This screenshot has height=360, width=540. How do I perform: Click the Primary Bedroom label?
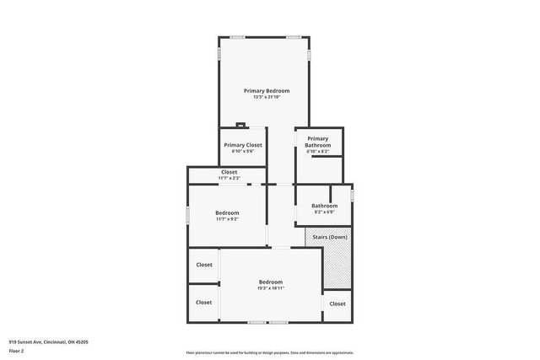267,90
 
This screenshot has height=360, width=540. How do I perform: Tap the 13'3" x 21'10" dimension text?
267,97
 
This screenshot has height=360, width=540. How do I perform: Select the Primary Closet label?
243,145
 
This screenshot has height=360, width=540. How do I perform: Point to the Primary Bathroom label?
317,142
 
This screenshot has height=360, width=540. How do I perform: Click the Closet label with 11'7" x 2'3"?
229,172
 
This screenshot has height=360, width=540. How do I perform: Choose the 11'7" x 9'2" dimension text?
227,219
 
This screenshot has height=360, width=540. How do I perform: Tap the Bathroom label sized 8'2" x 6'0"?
324,206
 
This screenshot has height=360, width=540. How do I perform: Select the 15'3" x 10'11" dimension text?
270,288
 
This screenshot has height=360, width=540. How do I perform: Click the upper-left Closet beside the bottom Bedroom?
204,265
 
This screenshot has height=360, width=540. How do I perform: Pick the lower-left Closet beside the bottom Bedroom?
204,302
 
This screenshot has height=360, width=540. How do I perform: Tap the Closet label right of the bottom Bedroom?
337,304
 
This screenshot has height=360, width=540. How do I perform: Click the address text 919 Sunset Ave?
48,342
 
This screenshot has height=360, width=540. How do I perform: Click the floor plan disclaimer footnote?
269,352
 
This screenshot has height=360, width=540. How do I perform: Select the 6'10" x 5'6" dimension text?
243,152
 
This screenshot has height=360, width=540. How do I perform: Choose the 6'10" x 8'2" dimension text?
317,152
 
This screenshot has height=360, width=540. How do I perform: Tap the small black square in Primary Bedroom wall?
240,125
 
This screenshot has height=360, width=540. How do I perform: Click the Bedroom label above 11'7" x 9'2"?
227,212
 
